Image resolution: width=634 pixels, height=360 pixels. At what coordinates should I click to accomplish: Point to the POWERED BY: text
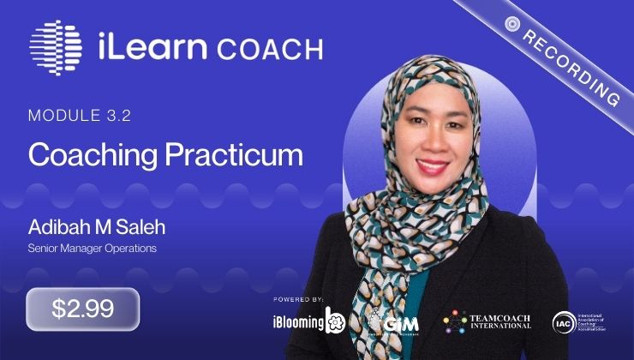pyautogui.click(x=299, y=299)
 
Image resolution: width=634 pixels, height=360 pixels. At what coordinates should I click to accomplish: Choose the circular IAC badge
pyautogui.click(x=563, y=321)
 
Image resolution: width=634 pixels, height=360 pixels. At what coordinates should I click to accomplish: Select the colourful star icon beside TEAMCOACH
pyautogui.click(x=454, y=321)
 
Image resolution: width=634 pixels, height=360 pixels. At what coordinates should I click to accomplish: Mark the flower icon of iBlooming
pyautogui.click(x=336, y=321)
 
